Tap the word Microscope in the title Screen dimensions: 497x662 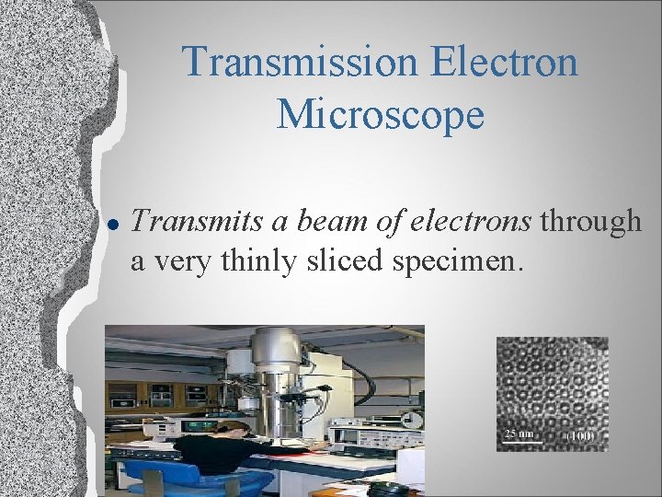pyautogui.click(x=380, y=114)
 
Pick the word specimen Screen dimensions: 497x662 pyautogui.click(x=458, y=262)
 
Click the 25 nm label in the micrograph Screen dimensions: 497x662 pyautogui.click(x=519, y=432)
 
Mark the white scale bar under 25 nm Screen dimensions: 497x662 pyautogui.click(x=519, y=441)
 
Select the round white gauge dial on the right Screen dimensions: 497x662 pyautogui.click(x=415, y=419)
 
